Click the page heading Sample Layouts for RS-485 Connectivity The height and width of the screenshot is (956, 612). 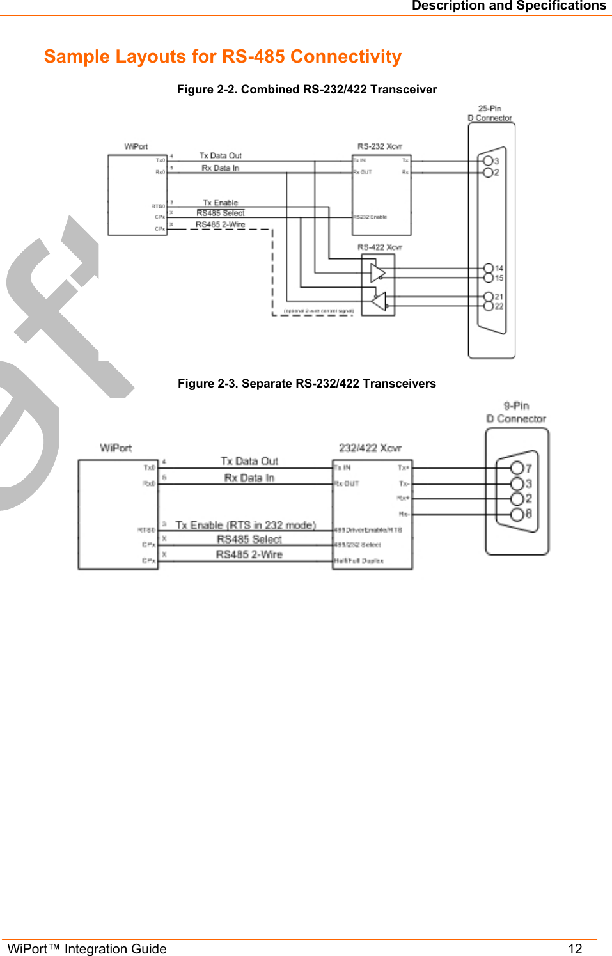pyautogui.click(x=223, y=56)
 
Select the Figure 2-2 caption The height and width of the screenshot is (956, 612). pyautogui.click(x=307, y=90)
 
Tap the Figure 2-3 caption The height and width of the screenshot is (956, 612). pyautogui.click(x=307, y=384)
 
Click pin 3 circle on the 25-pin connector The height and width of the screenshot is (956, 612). pyautogui.click(x=488, y=161)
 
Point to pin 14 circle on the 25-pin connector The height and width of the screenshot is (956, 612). pyautogui.click(x=489, y=269)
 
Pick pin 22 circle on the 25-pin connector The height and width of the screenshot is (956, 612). pyautogui.click(x=489, y=306)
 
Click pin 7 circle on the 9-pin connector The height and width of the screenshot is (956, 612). pyautogui.click(x=517, y=468)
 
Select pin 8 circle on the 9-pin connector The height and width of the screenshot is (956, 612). pyautogui.click(x=517, y=514)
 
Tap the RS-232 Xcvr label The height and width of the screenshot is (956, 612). pyautogui.click(x=380, y=146)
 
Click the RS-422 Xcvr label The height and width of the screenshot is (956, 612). pyautogui.click(x=380, y=247)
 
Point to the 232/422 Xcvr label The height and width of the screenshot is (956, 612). pyautogui.click(x=370, y=448)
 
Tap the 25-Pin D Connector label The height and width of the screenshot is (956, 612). pyautogui.click(x=490, y=113)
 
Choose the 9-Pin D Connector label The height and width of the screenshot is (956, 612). pyautogui.click(x=516, y=412)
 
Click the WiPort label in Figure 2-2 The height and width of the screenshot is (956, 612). pyautogui.click(x=136, y=146)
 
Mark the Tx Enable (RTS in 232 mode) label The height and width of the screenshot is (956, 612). pyautogui.click(x=246, y=525)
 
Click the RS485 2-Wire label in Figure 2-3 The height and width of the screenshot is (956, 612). pyautogui.click(x=249, y=554)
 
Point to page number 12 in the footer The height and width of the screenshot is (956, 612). pyautogui.click(x=575, y=948)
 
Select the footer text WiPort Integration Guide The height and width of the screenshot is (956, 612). pyautogui.click(x=87, y=948)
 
